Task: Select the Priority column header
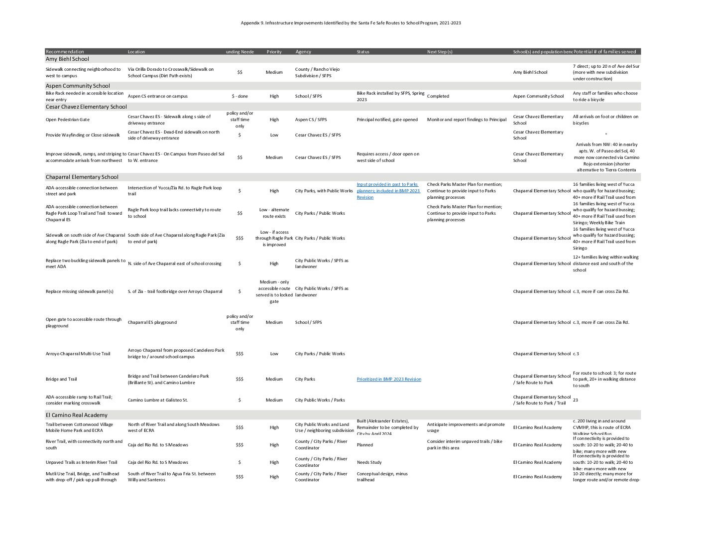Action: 274,52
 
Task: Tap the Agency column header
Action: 303,52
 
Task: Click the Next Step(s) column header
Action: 440,52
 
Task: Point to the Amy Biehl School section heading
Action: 67,59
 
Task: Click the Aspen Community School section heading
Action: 78,86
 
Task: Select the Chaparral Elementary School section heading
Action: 82,177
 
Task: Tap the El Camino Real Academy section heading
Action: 76,415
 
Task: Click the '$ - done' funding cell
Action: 240,96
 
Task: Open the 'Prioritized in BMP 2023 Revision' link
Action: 389,380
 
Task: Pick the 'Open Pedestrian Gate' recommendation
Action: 68,120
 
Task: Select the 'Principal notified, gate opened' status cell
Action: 387,120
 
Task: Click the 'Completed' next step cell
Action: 438,96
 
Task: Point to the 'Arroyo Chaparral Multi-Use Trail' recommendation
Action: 78,354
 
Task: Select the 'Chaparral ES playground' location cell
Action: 152,322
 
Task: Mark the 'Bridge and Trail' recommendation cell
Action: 61,379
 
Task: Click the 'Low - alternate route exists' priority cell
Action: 274,213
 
